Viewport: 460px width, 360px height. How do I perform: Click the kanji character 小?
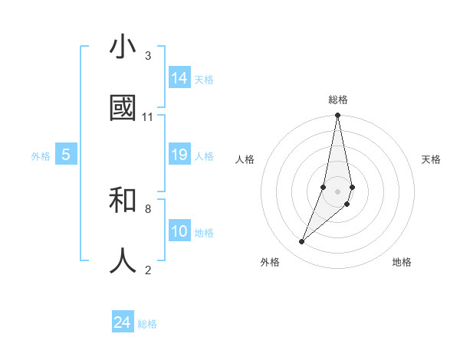pos(123,47)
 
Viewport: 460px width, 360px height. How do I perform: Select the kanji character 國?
pos(123,109)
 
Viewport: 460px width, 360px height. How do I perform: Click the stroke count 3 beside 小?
pos(148,56)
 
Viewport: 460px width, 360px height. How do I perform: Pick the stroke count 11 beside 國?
pos(148,117)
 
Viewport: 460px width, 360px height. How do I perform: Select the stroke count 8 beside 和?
pos(148,208)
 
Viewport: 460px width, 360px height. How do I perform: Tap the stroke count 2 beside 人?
pos(148,270)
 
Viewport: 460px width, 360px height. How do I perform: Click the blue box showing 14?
pos(179,78)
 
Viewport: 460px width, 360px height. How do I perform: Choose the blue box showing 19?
pos(179,155)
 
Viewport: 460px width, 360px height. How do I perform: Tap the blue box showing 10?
pos(179,231)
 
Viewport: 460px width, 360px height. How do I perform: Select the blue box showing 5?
pos(66,155)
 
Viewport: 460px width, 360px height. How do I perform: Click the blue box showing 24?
pos(123,322)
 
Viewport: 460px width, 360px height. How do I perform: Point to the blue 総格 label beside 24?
pos(147,324)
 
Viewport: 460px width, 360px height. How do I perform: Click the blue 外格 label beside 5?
pos(41,156)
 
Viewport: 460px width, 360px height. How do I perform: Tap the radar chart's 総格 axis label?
pos(338,100)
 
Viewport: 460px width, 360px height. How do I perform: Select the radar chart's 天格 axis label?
pos(431,159)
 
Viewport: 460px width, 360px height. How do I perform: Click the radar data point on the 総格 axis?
pos(337,116)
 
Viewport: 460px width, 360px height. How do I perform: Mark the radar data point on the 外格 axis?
pos(301,242)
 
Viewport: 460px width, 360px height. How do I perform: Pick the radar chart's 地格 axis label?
pos(402,262)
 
